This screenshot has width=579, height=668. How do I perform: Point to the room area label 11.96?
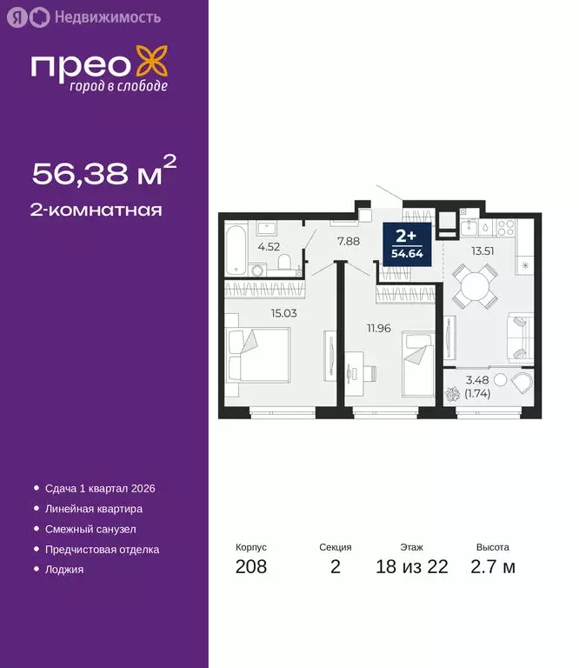pyautogui.click(x=381, y=328)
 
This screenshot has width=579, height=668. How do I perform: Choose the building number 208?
pyautogui.click(x=250, y=567)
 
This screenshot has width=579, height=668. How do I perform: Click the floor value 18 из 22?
pyautogui.click(x=412, y=567)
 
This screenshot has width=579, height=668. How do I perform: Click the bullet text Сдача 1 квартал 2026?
pyautogui.click(x=99, y=489)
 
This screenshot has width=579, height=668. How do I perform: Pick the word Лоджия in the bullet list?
pyautogui.click(x=64, y=570)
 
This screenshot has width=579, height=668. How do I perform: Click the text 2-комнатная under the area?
pyautogui.click(x=96, y=210)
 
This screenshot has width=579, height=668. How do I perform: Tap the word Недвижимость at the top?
pyautogui.click(x=107, y=17)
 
